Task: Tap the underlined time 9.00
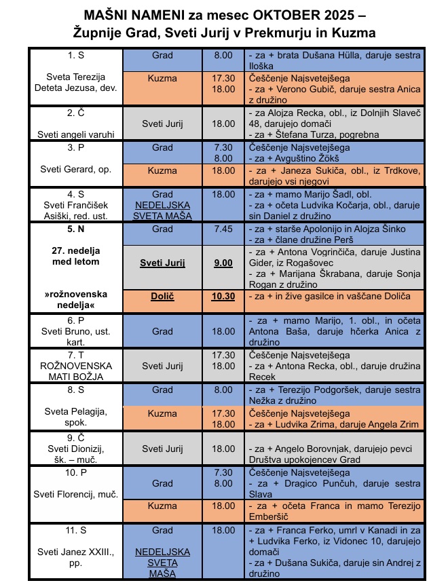point(223,263)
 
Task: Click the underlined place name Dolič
point(162,297)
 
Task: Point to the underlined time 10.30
point(223,297)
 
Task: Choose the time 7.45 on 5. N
point(223,229)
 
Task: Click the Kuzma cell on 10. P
point(162,506)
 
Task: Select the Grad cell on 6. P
point(162,332)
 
